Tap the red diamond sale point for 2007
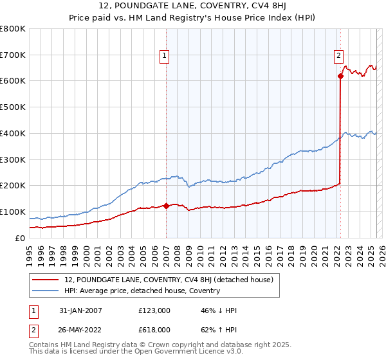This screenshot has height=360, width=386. pos(166,206)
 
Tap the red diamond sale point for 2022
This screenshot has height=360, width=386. pos(340,76)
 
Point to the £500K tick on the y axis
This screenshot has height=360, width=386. pos(14,107)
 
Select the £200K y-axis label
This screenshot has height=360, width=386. pos(14,186)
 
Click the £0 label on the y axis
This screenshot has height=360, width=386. pos(20,238)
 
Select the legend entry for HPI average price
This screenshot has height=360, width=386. pos(142,291)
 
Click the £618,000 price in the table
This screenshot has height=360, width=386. pos(154,329)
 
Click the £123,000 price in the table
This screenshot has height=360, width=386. pos(154,310)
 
